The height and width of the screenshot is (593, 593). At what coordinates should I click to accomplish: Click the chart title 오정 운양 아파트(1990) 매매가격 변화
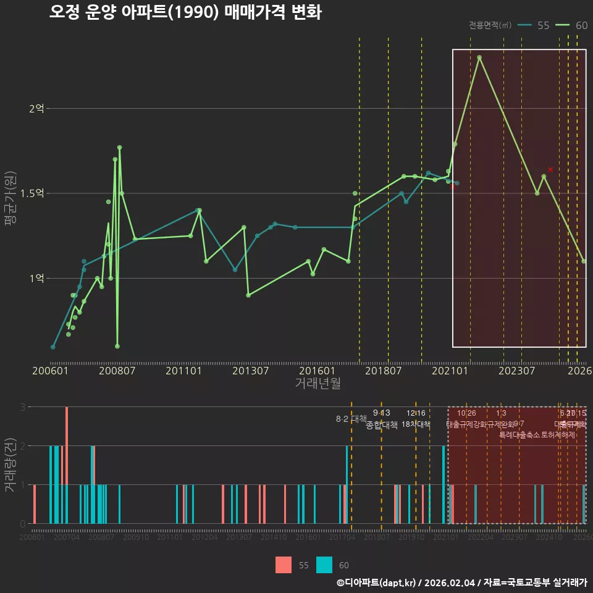pyautogui.click(x=185, y=12)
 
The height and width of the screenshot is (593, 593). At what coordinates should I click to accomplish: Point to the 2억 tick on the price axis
pyautogui.click(x=36, y=109)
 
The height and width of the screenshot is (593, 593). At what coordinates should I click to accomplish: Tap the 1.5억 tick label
pyautogui.click(x=33, y=193)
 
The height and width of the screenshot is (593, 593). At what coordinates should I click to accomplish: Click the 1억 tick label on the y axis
pyautogui.click(x=36, y=279)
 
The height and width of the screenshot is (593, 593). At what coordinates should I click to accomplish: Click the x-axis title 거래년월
pyautogui.click(x=318, y=383)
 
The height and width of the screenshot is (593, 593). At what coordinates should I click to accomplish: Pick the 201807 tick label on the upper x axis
pyautogui.click(x=384, y=371)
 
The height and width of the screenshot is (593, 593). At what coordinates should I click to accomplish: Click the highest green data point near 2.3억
pyautogui.click(x=479, y=57)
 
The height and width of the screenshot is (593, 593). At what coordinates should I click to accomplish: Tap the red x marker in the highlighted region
pyautogui.click(x=550, y=169)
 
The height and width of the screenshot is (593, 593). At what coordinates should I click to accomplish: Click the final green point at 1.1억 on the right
pyautogui.click(x=584, y=261)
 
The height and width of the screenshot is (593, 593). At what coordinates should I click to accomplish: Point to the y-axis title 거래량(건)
pyautogui.click(x=10, y=465)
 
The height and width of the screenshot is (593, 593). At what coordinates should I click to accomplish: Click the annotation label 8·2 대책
pyautogui.click(x=351, y=419)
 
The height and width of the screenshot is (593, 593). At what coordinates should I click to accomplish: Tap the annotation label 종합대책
pyautogui.click(x=382, y=425)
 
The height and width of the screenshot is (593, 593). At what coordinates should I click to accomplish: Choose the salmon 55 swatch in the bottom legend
pyautogui.click(x=284, y=565)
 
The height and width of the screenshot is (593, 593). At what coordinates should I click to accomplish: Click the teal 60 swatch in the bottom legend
pyautogui.click(x=324, y=565)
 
